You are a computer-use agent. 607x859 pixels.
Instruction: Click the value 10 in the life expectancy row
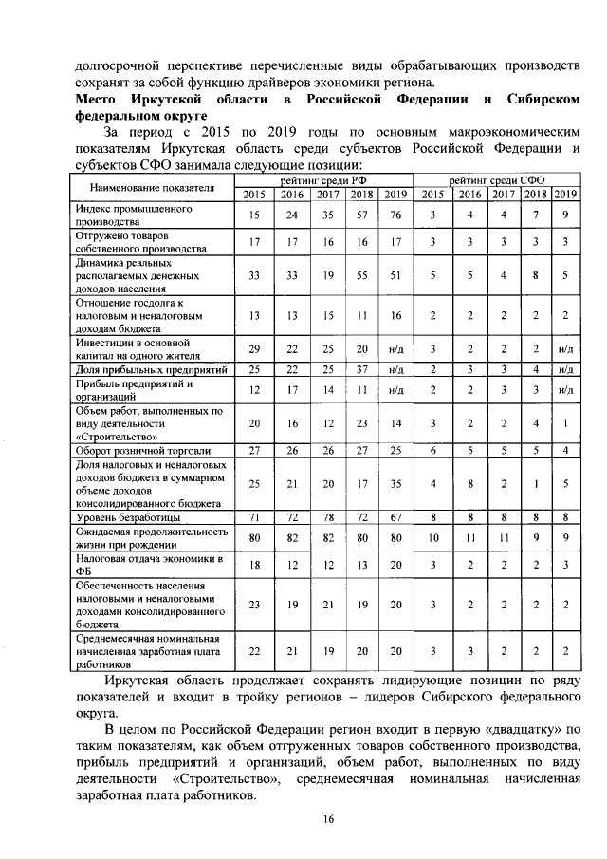[432, 538]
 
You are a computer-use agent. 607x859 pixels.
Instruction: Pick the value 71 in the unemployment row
[254, 518]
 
